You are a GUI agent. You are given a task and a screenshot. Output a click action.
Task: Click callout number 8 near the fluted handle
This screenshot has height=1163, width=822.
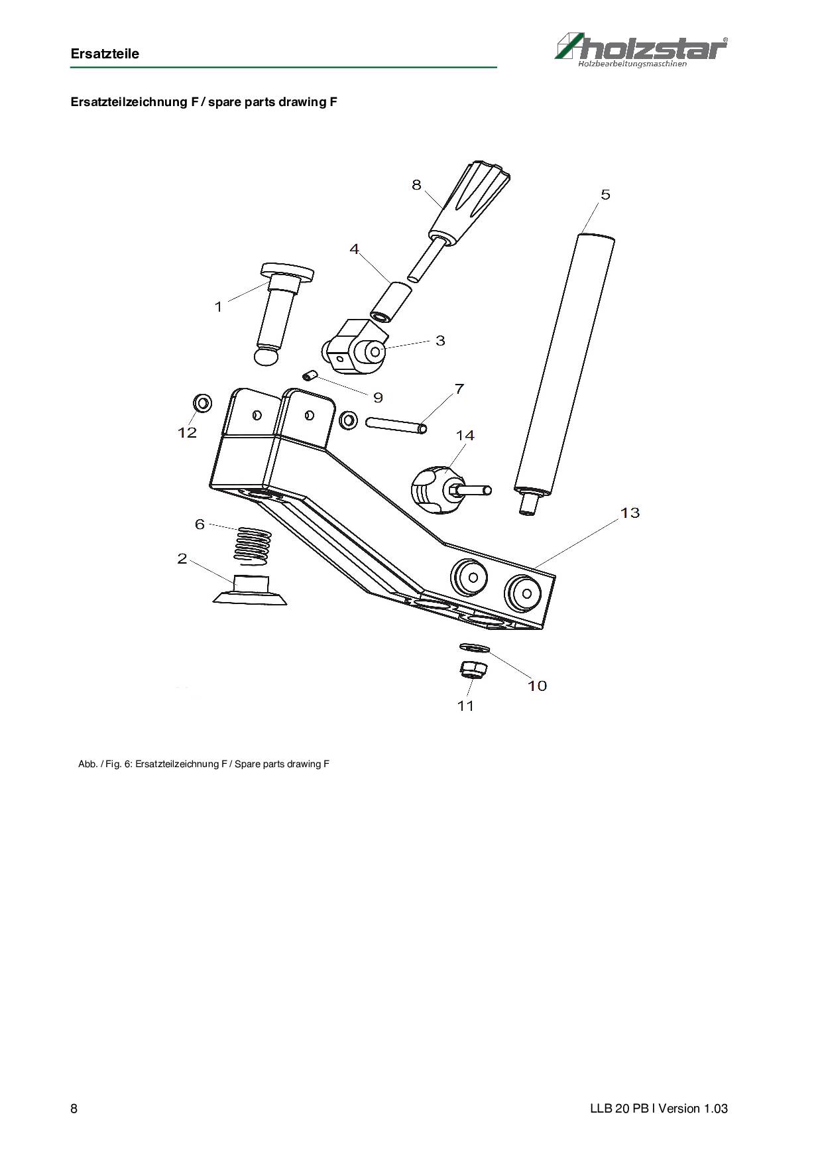(x=416, y=185)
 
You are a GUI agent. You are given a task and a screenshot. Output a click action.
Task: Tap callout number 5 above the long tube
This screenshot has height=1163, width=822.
(x=605, y=194)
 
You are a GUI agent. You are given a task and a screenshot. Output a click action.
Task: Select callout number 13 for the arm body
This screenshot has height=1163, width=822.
(x=630, y=513)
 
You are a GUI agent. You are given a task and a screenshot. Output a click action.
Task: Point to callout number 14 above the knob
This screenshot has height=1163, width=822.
(x=465, y=435)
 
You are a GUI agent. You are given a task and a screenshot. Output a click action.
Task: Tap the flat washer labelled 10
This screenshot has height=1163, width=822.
(x=475, y=647)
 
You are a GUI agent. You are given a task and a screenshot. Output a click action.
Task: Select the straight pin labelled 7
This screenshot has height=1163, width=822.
(x=395, y=423)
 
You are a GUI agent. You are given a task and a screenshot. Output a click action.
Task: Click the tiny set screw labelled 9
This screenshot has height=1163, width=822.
(x=310, y=377)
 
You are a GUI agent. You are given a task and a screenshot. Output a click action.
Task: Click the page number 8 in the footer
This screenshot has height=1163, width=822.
(x=74, y=1109)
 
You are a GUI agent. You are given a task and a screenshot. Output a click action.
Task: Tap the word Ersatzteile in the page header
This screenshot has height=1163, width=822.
(x=105, y=54)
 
